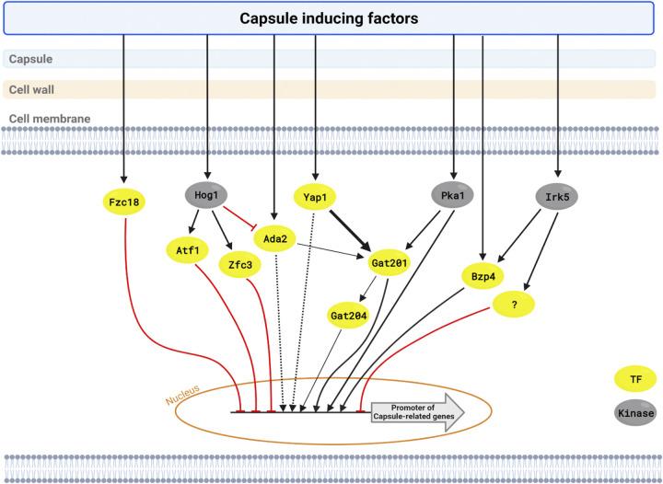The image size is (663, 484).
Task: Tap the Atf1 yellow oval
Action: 185,248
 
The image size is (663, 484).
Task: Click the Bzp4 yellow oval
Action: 484,276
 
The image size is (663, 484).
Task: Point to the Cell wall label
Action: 29,89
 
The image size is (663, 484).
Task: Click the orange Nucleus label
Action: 183,401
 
